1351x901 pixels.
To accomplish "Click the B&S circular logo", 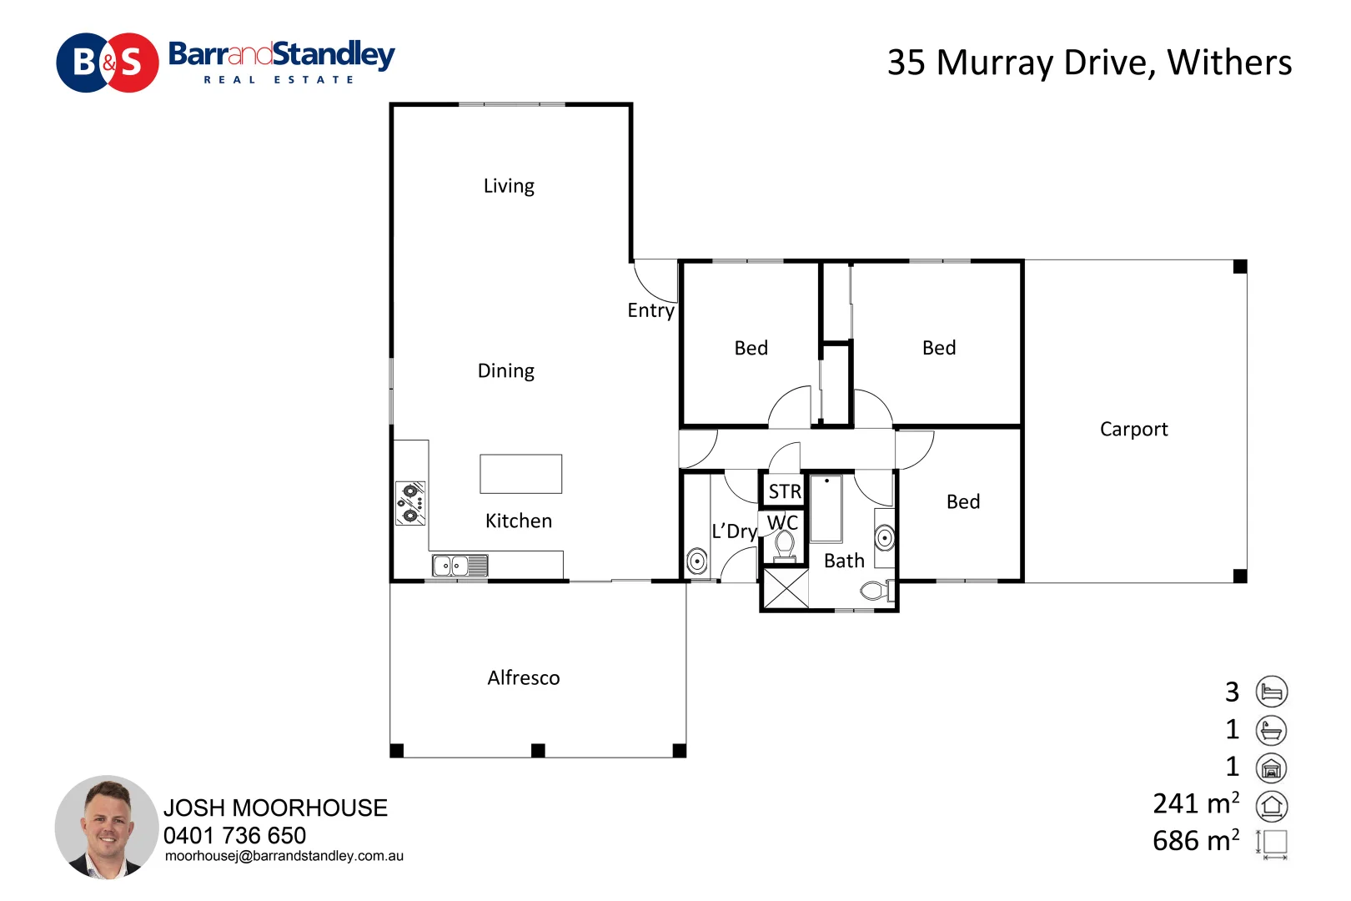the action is (x=108, y=63).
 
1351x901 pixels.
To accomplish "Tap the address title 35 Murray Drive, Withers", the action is (x=1089, y=63).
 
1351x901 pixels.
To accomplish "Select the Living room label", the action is (x=509, y=186).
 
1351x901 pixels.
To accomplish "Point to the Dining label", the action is (x=505, y=370).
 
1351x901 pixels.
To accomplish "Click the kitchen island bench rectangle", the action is (x=520, y=474).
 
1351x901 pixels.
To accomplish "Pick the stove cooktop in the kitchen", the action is (x=410, y=503).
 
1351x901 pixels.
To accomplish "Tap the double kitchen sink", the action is (x=460, y=566).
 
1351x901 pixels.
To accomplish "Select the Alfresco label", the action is (x=524, y=677).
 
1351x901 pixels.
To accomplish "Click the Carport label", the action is (x=1134, y=429).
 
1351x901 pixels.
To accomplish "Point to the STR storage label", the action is (x=785, y=491).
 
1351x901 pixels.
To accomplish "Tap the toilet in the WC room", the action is (x=784, y=547).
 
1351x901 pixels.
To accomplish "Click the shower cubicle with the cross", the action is (x=786, y=588).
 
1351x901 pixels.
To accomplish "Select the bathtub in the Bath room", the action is (x=826, y=509).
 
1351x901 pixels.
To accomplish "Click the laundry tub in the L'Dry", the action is (x=697, y=561).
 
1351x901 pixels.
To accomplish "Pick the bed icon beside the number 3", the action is (x=1272, y=692).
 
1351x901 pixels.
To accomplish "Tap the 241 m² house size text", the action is (x=1196, y=803).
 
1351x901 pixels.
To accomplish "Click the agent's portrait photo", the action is (x=107, y=827).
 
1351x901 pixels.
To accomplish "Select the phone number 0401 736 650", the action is (x=234, y=835).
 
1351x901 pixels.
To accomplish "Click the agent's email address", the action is (x=284, y=856).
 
